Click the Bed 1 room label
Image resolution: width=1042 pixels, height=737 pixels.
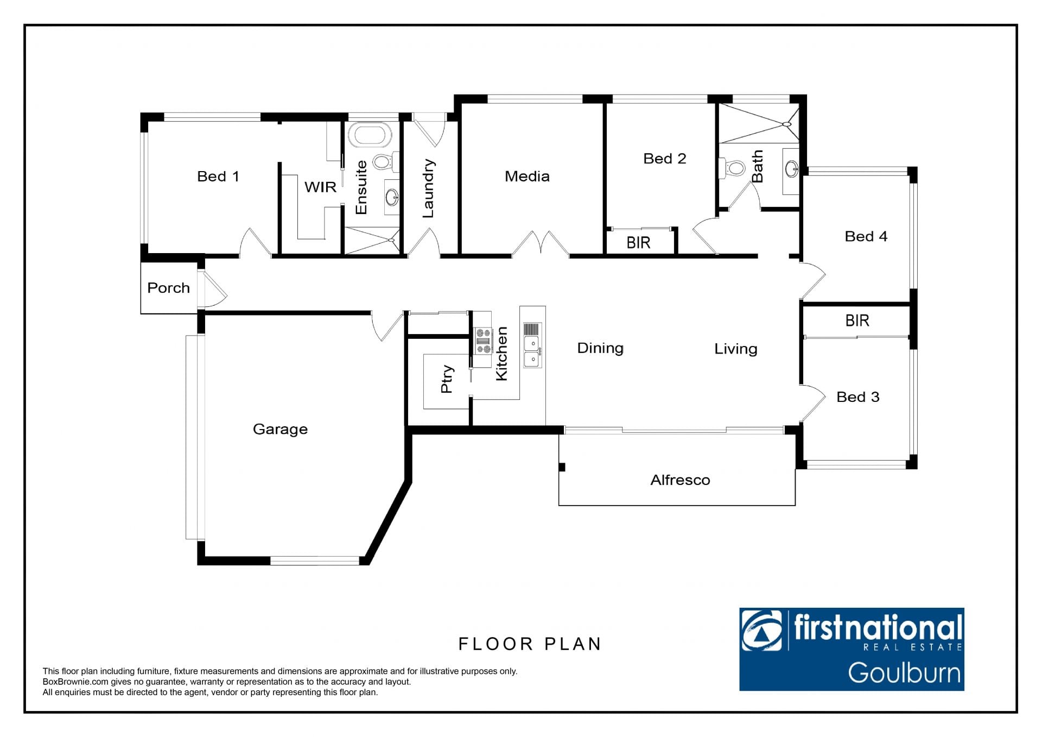coord(218,177)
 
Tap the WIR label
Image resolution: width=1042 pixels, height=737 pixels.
coord(320,187)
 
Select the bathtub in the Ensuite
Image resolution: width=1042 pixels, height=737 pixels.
coord(369,135)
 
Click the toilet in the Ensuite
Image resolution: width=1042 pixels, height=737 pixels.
coord(385,161)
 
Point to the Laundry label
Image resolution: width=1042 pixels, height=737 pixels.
coord(428,188)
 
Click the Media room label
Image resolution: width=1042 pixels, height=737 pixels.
coord(527,177)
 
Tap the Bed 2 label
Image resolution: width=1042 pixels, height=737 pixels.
coord(665,159)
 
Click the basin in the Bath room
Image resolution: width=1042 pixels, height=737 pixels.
coord(791,168)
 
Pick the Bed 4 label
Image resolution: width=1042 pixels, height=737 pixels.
coord(866,236)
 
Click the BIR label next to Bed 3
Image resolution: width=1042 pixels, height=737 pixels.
coord(857,320)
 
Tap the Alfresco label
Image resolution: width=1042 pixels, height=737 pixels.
coord(680,480)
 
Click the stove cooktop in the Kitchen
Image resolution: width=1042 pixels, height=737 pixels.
coord(483,341)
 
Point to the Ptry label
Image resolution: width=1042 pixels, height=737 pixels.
coord(447,379)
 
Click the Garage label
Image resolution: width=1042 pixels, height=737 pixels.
coord(280,430)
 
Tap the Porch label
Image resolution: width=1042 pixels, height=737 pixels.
coord(168,288)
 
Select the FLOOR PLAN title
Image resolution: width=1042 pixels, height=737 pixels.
coord(530,644)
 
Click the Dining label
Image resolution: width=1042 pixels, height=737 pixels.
coord(600,348)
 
